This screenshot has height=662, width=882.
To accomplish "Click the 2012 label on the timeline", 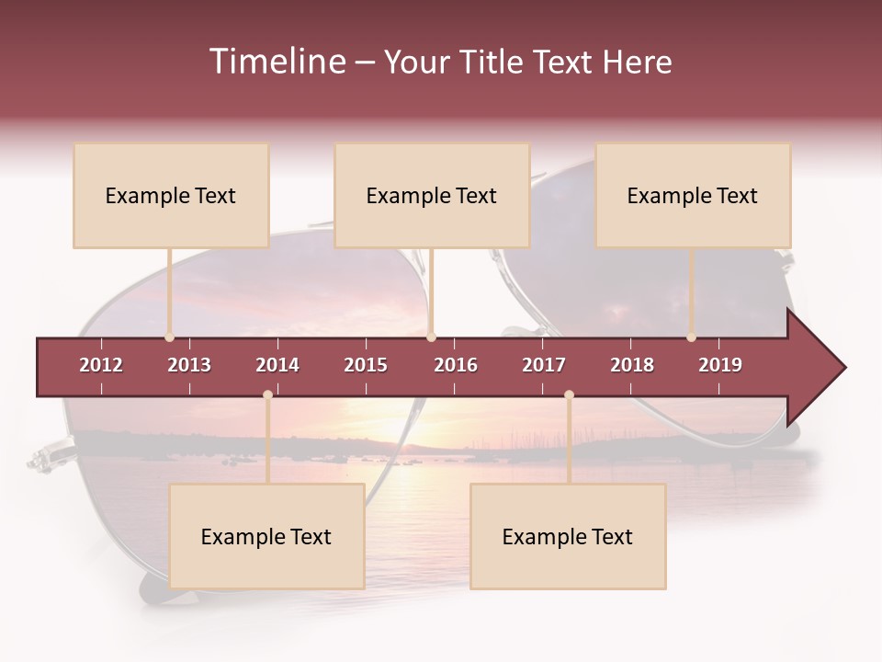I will tap(101, 365).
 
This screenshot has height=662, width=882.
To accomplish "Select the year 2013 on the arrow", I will tap(189, 365).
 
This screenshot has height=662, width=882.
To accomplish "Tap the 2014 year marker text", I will tap(277, 365).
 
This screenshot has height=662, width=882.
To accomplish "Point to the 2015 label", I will tap(366, 365).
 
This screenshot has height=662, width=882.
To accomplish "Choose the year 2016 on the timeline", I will tap(456, 365).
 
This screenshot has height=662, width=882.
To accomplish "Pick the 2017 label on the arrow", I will tap(544, 365).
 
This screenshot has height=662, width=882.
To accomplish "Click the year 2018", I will tap(632, 365).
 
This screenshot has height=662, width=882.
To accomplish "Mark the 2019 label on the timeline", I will tap(720, 365).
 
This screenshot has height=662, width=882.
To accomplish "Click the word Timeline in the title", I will tap(277, 62).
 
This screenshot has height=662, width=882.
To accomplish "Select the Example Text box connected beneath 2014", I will tap(266, 536).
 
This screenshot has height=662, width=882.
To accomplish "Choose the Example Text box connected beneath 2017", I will tap(568, 536).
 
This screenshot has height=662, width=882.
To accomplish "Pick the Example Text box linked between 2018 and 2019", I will tap(693, 195).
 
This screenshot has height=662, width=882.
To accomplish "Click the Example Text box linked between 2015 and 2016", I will tap(432, 195).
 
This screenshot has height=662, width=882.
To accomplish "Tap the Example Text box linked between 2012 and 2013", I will tap(171, 195).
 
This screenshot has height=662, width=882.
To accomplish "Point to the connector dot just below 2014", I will tap(267, 395).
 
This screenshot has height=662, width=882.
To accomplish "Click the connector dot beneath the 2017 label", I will tap(569, 395).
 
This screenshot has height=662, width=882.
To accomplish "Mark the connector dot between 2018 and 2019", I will tap(691, 337).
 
